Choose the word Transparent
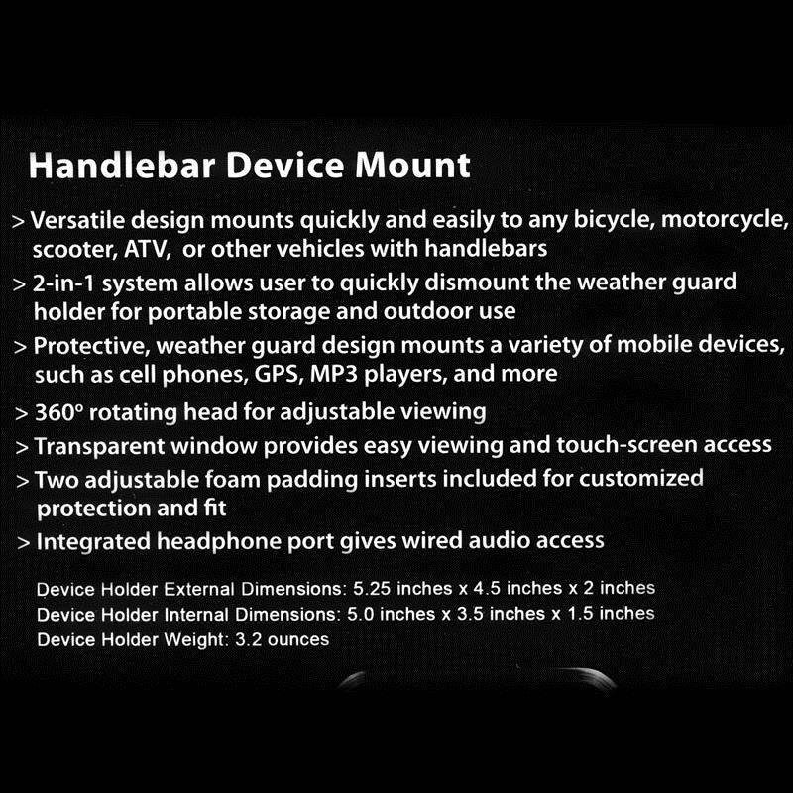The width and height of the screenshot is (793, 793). click(93, 445)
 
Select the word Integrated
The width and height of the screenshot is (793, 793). click(88, 541)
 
